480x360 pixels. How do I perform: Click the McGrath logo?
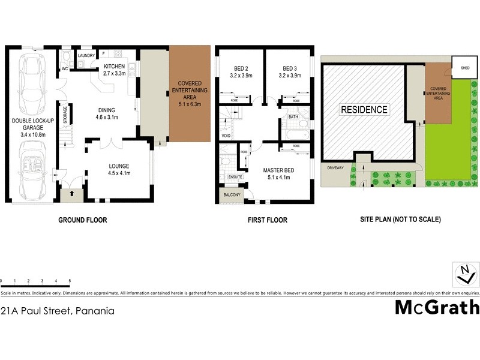click(437, 307)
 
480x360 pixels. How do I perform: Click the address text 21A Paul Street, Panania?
click(58, 311)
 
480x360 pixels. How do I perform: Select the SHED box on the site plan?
click(465, 68)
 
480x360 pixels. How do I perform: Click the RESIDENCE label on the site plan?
click(364, 110)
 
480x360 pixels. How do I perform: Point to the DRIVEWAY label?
click(335, 168)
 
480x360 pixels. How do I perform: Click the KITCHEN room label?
click(114, 67)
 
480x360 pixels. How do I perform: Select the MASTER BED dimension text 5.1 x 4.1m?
click(277, 178)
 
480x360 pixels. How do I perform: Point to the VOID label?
click(226, 136)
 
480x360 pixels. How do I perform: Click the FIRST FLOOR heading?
click(268, 220)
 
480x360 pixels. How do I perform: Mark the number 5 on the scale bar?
click(70, 281)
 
